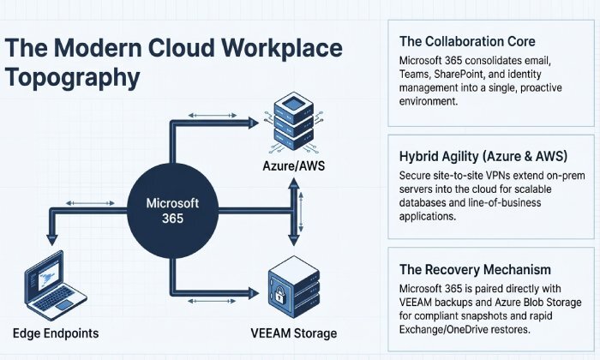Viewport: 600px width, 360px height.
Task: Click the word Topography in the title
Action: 72,76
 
